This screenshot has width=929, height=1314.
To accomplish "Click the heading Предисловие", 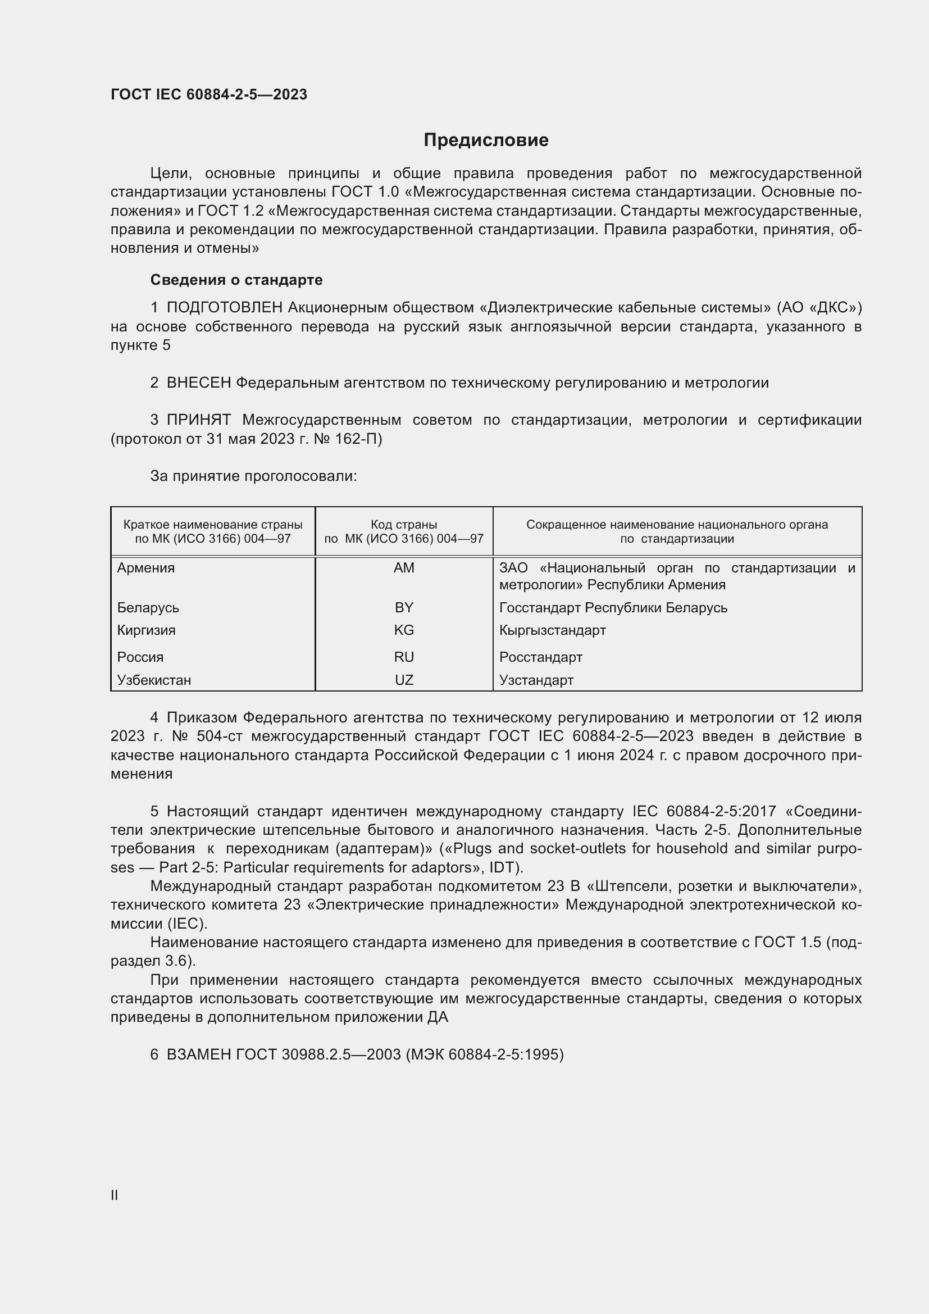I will point(486,140).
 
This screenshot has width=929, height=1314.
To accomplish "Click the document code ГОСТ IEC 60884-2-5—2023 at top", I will point(209,94).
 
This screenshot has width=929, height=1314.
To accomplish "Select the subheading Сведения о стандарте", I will point(236,280).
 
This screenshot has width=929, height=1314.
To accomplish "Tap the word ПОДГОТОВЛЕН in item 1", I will point(224,308).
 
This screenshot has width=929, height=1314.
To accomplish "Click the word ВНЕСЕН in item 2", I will point(198,383).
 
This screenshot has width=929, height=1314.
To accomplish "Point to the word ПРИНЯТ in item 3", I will point(198,420).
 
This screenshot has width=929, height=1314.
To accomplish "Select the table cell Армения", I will point(146,568).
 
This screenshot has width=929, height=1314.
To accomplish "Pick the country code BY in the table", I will point(404,607).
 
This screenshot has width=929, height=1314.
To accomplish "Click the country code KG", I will point(404,630).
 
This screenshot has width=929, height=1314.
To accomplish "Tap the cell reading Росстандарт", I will point(540,657).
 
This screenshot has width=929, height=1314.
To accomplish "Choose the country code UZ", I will point(404,680).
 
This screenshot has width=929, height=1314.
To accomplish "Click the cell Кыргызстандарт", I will point(552,630).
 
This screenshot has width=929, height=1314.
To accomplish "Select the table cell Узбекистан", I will point(154,680).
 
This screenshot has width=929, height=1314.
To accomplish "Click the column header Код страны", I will point(404,524).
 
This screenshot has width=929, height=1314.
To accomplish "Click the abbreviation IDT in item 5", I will point(502,867).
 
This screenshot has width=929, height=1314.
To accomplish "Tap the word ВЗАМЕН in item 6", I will point(198,1054).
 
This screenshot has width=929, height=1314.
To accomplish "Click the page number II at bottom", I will point(115,1195).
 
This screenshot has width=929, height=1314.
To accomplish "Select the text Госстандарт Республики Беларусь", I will point(613,607).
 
